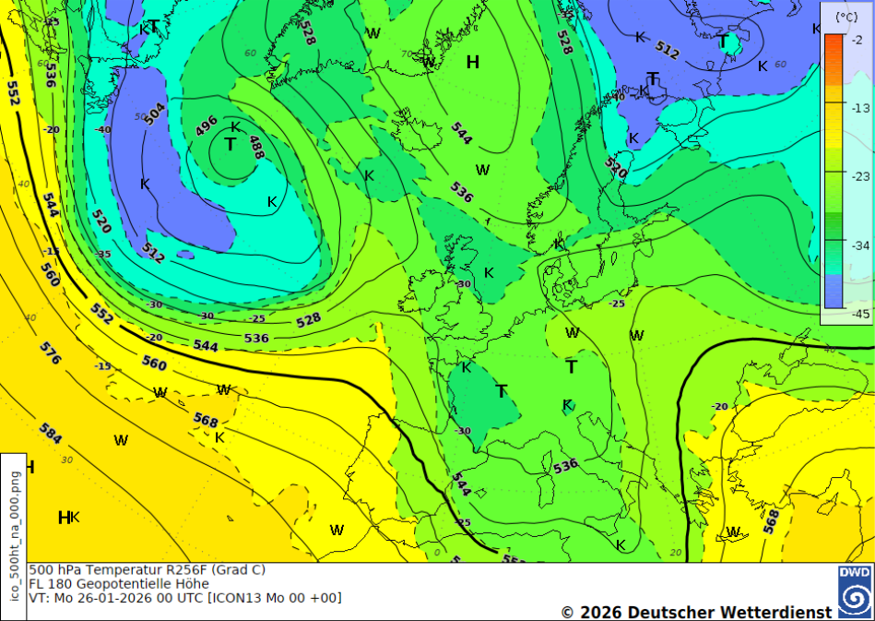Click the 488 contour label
pos(255,148)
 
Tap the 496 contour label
pos(207,125)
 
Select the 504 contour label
pos(155,113)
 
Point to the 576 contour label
pos(50,352)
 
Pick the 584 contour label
pos(51,433)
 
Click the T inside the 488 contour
pos(230,145)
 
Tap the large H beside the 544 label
pos(473,63)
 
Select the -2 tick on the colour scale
pos(857,40)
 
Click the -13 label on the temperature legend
pos(857,108)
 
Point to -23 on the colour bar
pos(857,175)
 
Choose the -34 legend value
pos(857,245)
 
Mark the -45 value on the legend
pos(857,314)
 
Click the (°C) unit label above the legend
pos(845,17)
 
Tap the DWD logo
pos(855,591)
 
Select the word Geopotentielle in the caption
pos(123,584)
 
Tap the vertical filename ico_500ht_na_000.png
pos(14,535)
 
